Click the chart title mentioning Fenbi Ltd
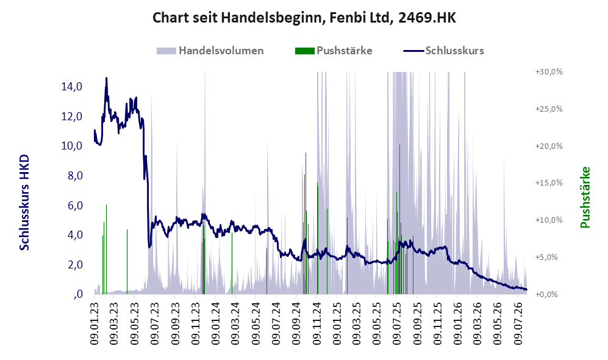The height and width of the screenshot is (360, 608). click(304, 18)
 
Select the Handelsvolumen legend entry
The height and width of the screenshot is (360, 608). click(210, 51)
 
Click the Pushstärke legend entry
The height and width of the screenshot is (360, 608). click(334, 51)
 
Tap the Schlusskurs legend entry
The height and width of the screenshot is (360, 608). click(443, 51)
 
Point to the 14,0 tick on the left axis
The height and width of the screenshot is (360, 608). click(72, 87)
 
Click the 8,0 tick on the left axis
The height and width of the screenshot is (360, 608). click(75, 176)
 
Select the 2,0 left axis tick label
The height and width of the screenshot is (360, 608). click(75, 265)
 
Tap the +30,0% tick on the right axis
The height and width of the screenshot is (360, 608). click(549, 72)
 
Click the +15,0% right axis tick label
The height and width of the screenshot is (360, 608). click(549, 182)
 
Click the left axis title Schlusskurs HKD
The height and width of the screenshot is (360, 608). click(24, 203)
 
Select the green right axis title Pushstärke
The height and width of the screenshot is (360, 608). click(585, 197)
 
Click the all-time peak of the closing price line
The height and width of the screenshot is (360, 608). click(106, 78)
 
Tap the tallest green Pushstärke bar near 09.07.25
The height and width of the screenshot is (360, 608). click(399, 219)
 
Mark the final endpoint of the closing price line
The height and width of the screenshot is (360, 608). click(526, 289)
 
